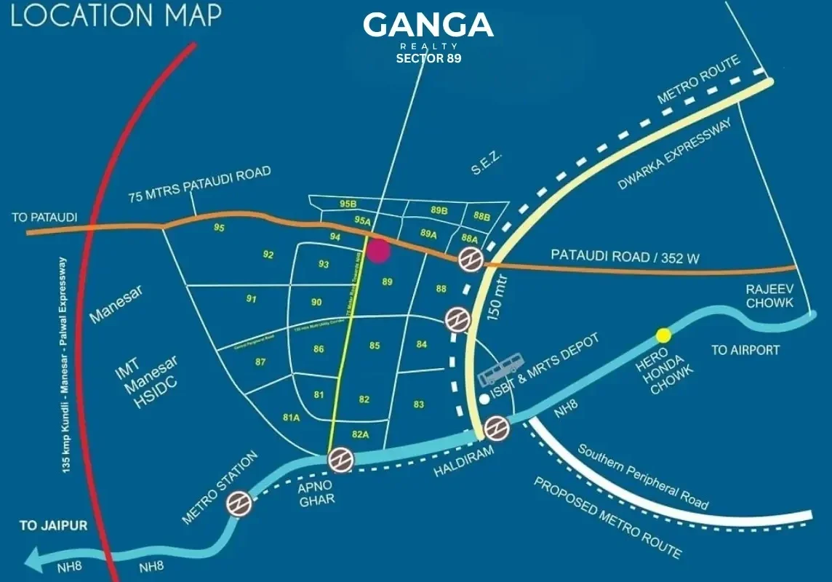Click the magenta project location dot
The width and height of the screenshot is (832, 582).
(x=378, y=250)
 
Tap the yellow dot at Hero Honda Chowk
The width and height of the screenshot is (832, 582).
(x=663, y=335)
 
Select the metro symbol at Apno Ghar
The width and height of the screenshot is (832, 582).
(x=340, y=460)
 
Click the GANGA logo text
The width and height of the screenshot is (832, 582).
(x=428, y=26)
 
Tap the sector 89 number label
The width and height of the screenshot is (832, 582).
(x=387, y=282)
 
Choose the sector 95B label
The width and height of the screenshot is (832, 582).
(x=348, y=204)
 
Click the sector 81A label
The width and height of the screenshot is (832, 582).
(x=292, y=418)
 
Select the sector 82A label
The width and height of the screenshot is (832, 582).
(x=361, y=434)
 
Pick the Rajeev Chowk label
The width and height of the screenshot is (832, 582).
(x=769, y=295)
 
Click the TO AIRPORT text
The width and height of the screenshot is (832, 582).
(x=745, y=350)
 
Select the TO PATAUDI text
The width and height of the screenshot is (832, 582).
(x=44, y=218)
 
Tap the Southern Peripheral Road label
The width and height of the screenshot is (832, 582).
(x=642, y=476)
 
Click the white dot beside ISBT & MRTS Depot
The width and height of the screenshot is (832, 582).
(x=485, y=399)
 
